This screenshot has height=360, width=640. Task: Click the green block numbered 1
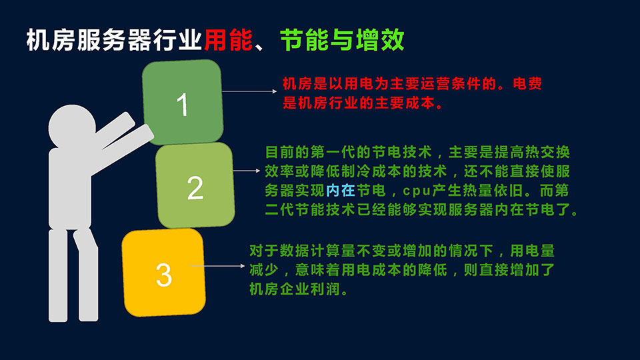click(x=183, y=102)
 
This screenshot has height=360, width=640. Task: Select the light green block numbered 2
click(x=195, y=185)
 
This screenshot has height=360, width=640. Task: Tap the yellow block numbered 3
click(x=164, y=273)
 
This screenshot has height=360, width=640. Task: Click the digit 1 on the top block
click(x=183, y=105)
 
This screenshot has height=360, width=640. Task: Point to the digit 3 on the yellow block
click(x=164, y=275)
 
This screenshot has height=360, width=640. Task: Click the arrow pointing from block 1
click(x=249, y=91)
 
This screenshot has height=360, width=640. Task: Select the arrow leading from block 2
click(x=247, y=171)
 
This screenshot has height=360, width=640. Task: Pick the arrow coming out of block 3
click(x=217, y=266)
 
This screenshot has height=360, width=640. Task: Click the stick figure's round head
click(x=72, y=127)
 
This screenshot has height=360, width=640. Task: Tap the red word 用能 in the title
click(x=229, y=40)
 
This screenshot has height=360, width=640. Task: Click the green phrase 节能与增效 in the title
click(x=342, y=40)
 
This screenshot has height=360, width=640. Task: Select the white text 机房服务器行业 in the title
click(x=114, y=40)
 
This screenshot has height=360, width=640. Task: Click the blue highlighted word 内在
click(x=341, y=190)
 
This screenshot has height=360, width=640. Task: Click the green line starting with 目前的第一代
click(x=417, y=152)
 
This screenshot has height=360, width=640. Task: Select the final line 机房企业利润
click(x=299, y=289)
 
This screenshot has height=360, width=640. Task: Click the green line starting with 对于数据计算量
click(x=402, y=251)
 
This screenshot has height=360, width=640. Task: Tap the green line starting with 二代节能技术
click(x=421, y=210)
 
